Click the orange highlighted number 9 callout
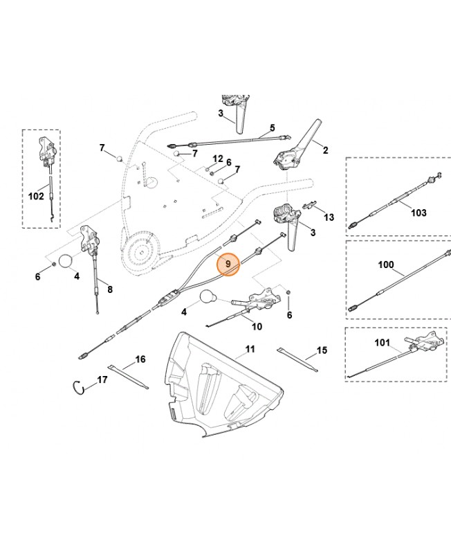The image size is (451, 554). tap(228, 264)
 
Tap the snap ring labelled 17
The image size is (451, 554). tap(82, 387)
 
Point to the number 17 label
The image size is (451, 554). tap(102, 380)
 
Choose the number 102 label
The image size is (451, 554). tap(36, 196)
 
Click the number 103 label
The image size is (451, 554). tap(418, 213)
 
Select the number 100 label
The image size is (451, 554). tap(385, 265)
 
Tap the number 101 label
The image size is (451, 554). tap(383, 341)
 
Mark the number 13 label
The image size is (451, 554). tap(329, 217)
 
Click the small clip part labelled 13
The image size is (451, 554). tap(311, 206)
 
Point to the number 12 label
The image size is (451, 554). tap(217, 159)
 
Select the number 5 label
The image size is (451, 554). tap(272, 127)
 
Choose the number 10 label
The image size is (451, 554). tap(257, 326)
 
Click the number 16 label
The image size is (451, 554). tap(140, 359)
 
